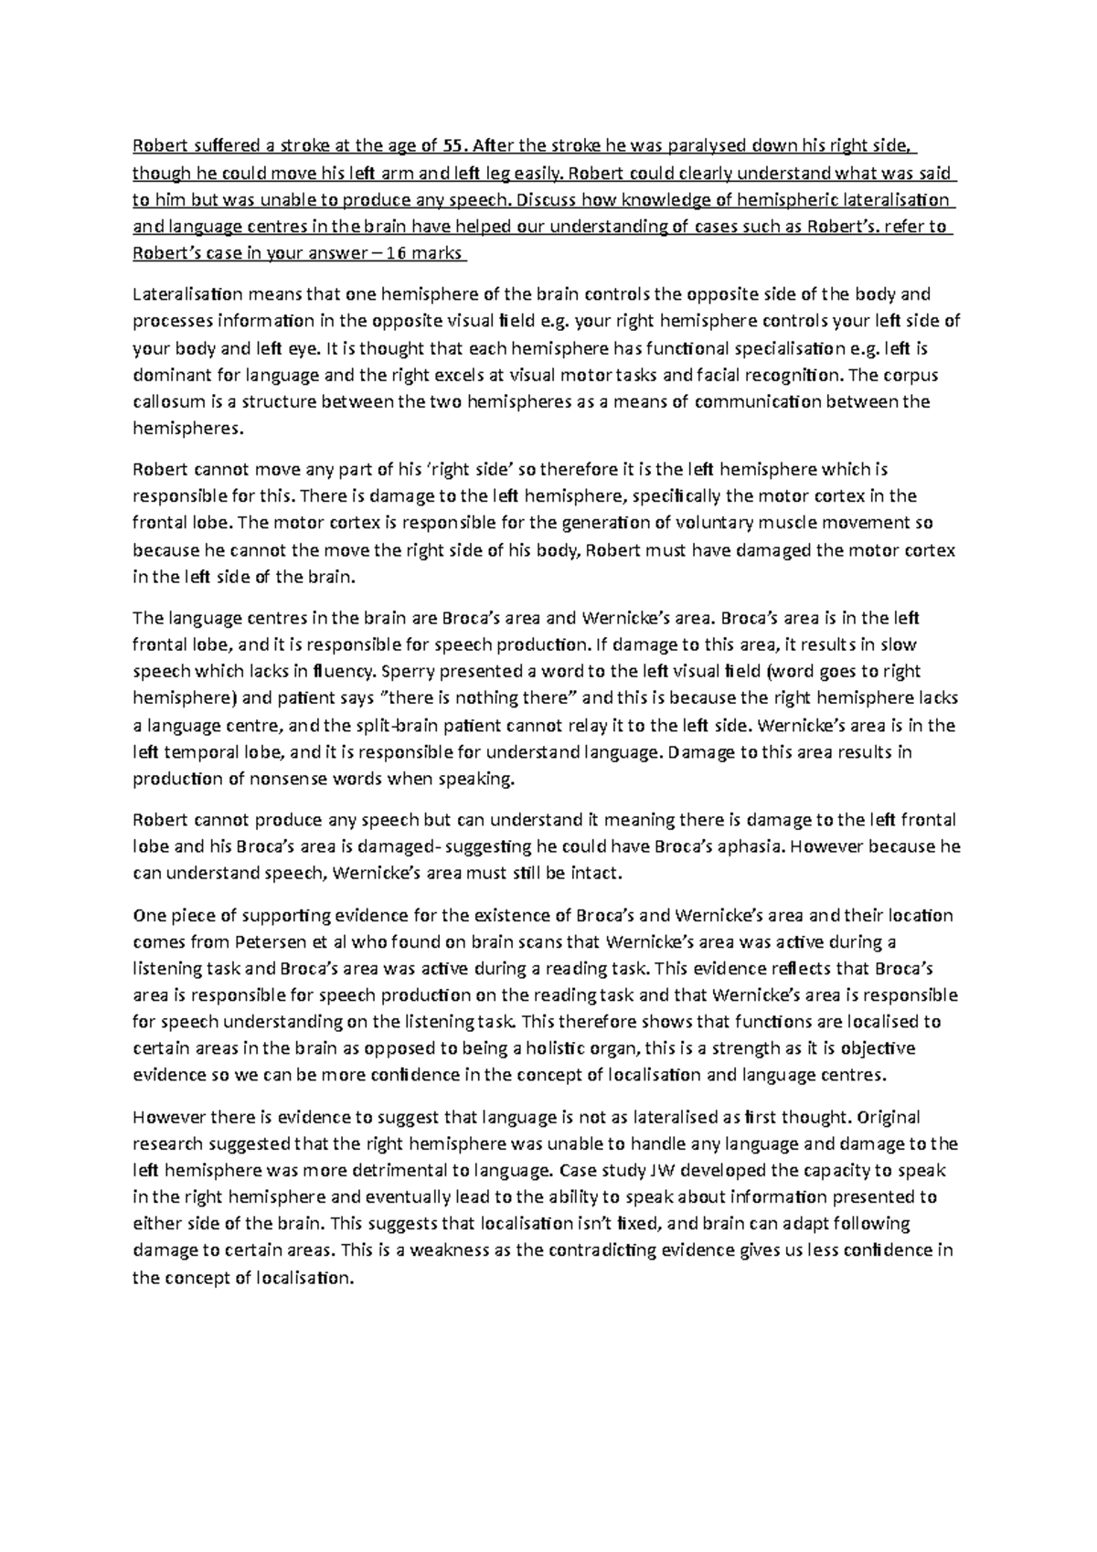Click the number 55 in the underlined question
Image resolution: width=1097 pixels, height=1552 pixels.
pos(452,145)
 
